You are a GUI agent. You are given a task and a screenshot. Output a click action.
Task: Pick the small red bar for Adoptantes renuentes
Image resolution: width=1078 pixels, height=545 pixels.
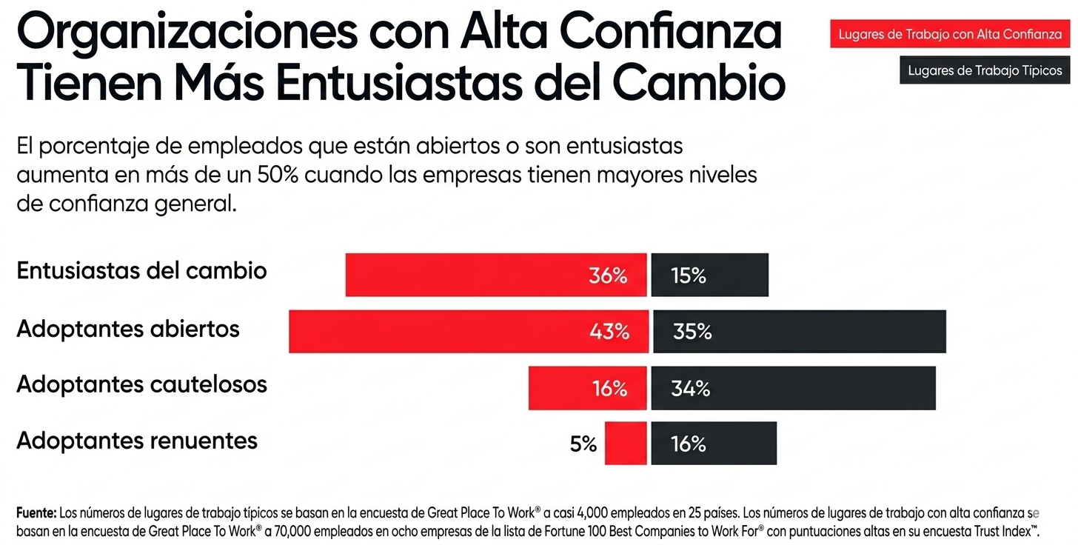pyautogui.click(x=625, y=443)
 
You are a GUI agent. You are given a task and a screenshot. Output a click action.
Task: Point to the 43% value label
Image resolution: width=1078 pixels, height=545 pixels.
pyautogui.click(x=609, y=332)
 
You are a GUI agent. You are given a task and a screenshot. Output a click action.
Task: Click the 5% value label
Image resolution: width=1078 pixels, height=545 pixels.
pyautogui.click(x=583, y=444)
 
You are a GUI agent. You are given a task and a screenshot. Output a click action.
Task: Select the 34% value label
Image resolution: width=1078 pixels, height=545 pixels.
pyautogui.click(x=690, y=388)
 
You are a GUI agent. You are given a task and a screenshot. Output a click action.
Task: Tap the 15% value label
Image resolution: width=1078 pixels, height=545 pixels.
pyautogui.click(x=689, y=275)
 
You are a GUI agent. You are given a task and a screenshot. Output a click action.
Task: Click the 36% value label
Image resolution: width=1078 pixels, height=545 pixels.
pyautogui.click(x=608, y=275)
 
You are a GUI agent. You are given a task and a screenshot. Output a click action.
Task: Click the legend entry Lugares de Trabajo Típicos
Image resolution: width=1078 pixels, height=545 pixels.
pyautogui.click(x=985, y=71)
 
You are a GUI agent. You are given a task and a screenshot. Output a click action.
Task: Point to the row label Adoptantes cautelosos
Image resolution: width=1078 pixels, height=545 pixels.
pyautogui.click(x=141, y=384)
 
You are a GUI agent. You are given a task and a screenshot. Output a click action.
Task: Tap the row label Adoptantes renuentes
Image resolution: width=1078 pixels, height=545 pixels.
pyautogui.click(x=137, y=441)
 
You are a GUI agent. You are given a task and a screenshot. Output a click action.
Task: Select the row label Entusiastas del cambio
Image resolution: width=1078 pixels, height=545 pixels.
pyautogui.click(x=141, y=270)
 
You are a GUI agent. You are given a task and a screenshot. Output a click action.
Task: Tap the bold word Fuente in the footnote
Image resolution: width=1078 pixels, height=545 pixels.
pyautogui.click(x=36, y=512)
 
